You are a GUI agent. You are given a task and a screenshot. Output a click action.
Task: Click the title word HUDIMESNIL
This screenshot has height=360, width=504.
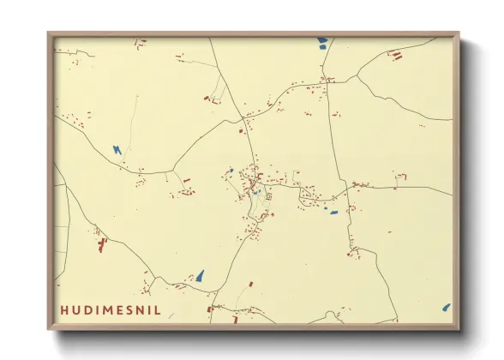(110, 309)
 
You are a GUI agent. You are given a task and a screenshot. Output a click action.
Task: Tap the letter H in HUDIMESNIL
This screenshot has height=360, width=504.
(64, 309)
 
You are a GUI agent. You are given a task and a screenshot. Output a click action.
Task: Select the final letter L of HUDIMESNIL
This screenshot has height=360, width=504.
(156, 309)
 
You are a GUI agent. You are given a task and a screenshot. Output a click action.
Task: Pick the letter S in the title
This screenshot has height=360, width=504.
(129, 309)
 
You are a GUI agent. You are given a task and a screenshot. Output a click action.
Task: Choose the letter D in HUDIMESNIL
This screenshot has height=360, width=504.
(87, 309)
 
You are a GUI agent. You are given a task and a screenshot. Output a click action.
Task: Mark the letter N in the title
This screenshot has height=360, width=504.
(141, 309)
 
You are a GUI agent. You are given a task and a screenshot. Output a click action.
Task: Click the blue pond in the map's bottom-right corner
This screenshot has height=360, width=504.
(446, 307)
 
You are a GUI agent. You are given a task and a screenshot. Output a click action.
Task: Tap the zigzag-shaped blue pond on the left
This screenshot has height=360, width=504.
(117, 150)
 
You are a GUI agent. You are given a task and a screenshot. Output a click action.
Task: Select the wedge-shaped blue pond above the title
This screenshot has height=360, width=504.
(200, 276)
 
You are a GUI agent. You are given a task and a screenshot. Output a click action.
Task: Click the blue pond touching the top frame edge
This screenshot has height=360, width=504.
(322, 40)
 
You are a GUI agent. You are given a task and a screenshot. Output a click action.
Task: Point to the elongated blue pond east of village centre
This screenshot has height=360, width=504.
(333, 212)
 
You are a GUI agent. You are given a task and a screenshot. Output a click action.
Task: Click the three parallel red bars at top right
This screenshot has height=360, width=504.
(395, 56)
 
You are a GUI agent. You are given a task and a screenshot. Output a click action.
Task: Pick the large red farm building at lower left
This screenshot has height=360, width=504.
(102, 246)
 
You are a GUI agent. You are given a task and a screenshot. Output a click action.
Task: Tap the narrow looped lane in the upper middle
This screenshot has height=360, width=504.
(219, 90)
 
